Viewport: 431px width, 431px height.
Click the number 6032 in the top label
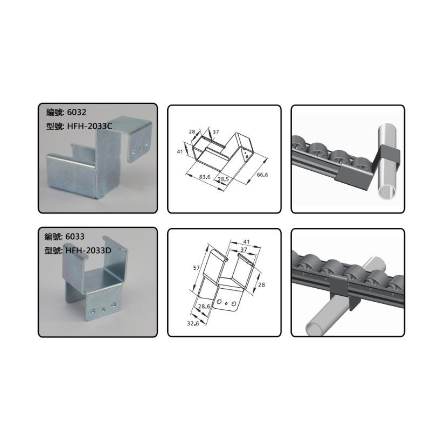(77, 112)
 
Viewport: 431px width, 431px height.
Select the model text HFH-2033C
(89, 126)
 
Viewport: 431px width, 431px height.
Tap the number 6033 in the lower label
(75, 237)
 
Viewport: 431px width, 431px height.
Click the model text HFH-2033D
(88, 251)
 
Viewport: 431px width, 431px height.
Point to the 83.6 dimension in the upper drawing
(205, 177)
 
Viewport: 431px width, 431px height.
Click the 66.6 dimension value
(262, 175)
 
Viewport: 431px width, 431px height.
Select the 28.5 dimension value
(223, 179)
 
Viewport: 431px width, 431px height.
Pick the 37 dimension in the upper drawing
(216, 132)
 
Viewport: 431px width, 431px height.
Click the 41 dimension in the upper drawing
(180, 151)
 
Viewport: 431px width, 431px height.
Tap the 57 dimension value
(196, 267)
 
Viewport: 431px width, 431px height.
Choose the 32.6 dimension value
(193, 324)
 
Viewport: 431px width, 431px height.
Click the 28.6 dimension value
(204, 306)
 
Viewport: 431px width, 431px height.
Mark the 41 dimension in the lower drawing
(246, 242)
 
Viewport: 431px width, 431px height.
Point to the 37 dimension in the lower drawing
(244, 249)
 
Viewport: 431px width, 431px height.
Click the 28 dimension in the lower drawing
(261, 285)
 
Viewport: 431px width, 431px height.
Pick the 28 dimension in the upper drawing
(192, 131)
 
